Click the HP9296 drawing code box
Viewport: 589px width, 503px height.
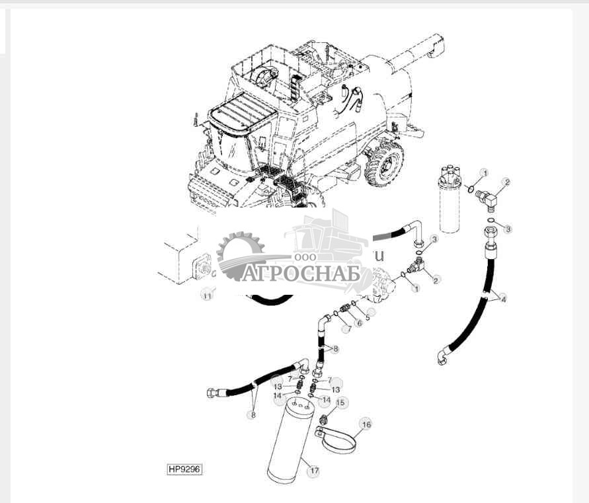184,469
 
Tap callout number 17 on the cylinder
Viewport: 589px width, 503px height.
314,471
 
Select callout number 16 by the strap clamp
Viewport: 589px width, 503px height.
366,424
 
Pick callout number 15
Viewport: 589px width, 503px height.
340,403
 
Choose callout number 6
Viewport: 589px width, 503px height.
359,323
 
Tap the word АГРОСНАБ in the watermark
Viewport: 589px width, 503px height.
301,273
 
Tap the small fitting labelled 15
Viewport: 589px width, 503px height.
324,420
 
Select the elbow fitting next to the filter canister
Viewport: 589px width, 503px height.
491,197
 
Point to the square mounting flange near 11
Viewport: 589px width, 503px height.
201,270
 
